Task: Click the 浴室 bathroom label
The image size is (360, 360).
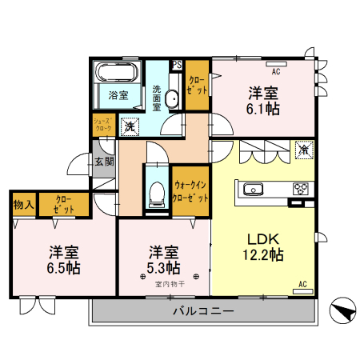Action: point(119,96)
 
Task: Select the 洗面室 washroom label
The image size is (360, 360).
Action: point(156,95)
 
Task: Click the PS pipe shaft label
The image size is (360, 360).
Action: point(177,66)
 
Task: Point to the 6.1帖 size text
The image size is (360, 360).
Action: point(263,108)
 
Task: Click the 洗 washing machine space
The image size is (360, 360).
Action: point(129,126)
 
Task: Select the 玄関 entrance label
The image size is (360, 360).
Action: point(104,162)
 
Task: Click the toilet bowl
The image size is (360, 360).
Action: point(155,192)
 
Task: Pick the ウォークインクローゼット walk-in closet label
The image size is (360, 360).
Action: point(190,192)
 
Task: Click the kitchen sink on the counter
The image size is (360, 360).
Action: point(252,190)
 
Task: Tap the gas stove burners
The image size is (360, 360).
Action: point(301,190)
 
